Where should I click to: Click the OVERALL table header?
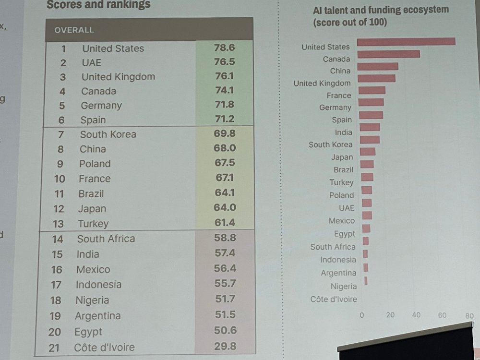point(74,30)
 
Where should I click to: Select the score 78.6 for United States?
point(224,48)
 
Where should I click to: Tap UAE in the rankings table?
point(91,62)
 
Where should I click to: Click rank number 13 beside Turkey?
point(58,224)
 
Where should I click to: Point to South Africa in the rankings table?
point(106,239)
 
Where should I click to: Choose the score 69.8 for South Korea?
point(224,133)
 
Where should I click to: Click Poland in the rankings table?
point(95,164)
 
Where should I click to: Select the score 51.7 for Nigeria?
point(225,299)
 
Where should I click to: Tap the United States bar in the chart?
point(406,42)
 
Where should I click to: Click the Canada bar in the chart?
point(388,54)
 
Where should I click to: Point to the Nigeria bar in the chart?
point(366,281)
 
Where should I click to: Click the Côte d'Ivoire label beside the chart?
point(334,299)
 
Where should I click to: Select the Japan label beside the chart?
point(342,157)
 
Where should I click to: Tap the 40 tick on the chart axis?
point(416,315)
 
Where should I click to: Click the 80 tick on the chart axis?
point(469,316)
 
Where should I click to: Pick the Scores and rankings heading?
point(98,5)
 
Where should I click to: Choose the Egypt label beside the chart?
point(345,234)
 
